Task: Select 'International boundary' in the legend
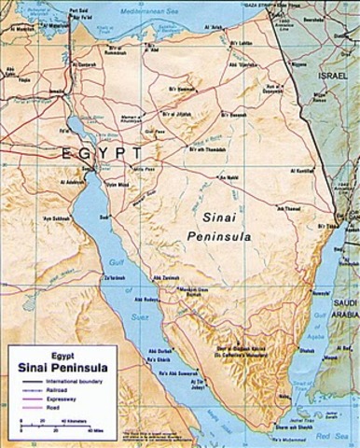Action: click(x=62, y=382)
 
